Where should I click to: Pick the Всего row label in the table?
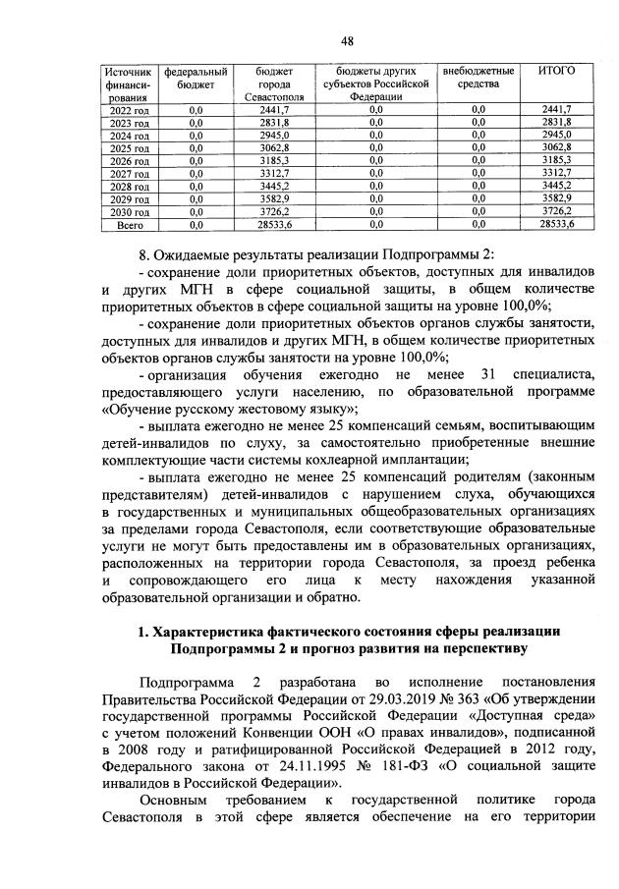[x=129, y=224]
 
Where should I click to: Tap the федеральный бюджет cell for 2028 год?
[x=195, y=186]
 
